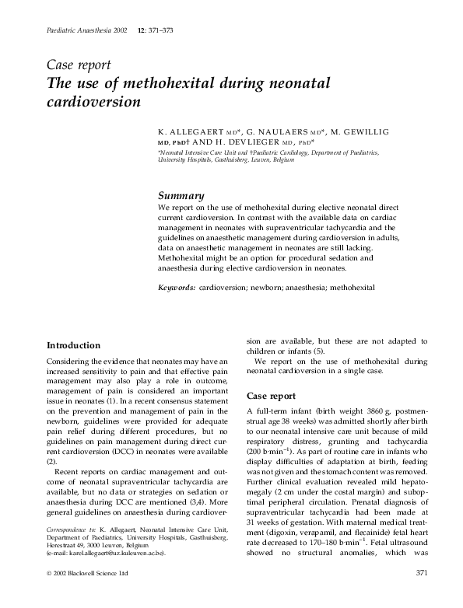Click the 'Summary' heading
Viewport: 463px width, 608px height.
[x=181, y=197]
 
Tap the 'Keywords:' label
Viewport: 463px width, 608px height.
[x=177, y=288]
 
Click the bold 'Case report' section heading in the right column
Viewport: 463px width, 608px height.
[x=271, y=396]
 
